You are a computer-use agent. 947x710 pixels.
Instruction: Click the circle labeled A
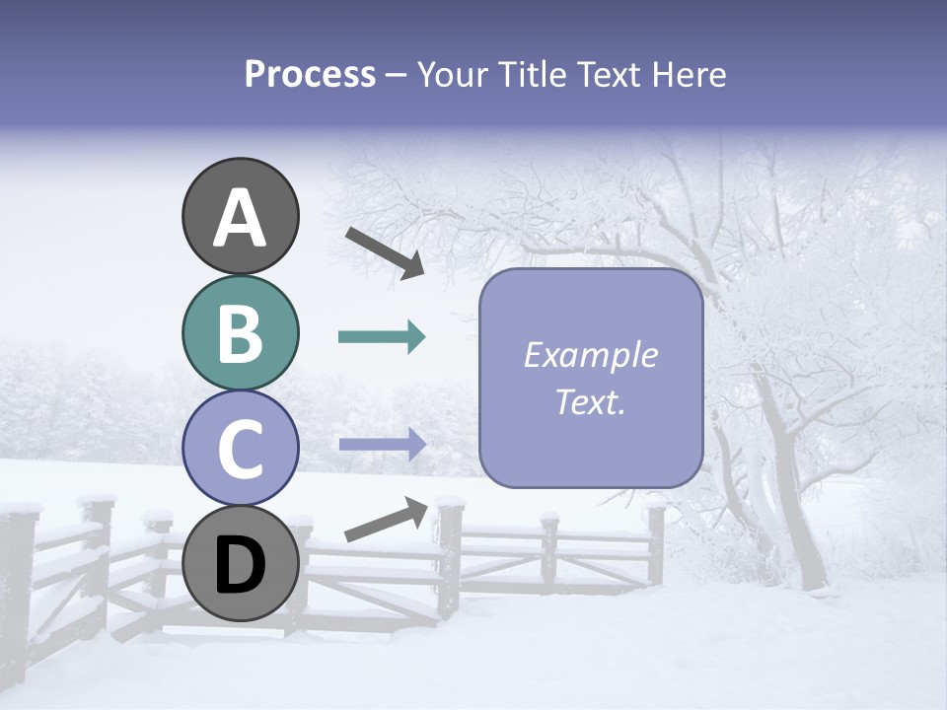(241, 216)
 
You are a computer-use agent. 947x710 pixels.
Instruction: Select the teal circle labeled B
(241, 333)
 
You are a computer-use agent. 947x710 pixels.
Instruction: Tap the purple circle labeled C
(241, 449)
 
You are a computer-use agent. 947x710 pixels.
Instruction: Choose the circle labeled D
(241, 564)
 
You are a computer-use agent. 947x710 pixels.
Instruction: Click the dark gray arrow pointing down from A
(385, 251)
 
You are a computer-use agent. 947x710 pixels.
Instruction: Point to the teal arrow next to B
(382, 337)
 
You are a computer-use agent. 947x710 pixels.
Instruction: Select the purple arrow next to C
(382, 444)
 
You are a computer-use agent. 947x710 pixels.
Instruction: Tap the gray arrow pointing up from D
(387, 521)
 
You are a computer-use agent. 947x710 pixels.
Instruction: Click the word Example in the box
(590, 355)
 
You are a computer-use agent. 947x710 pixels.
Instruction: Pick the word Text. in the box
(590, 401)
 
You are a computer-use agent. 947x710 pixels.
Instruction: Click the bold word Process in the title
(310, 74)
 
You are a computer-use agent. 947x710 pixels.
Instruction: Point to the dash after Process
(397, 75)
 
